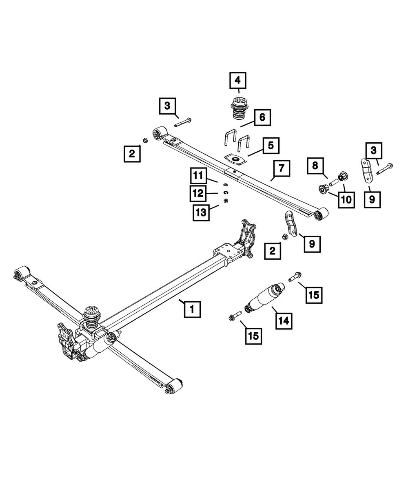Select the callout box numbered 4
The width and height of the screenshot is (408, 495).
point(237,80)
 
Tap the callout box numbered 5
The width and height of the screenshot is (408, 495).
point(271,145)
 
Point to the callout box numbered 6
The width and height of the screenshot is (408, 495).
point(262,117)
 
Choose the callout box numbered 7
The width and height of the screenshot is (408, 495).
point(282,168)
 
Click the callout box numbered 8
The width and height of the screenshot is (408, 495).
point(315,166)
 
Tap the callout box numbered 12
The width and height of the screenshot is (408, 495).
point(198,193)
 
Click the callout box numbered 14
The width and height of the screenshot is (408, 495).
point(283,320)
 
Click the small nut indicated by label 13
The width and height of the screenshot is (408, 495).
point(226,201)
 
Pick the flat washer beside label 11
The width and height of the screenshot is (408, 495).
point(224,184)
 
